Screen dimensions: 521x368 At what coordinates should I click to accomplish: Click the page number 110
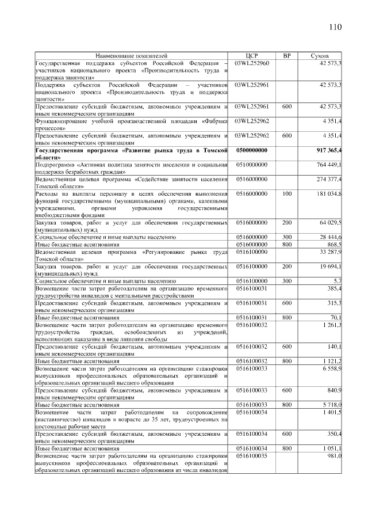pos(336,27)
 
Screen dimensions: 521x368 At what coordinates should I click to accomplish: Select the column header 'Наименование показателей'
pos(132,55)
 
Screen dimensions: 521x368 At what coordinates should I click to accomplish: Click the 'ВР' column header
pos(287,55)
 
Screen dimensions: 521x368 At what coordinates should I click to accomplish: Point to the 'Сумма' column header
pos(320,55)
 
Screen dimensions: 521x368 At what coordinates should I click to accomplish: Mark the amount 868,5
pos(334,245)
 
